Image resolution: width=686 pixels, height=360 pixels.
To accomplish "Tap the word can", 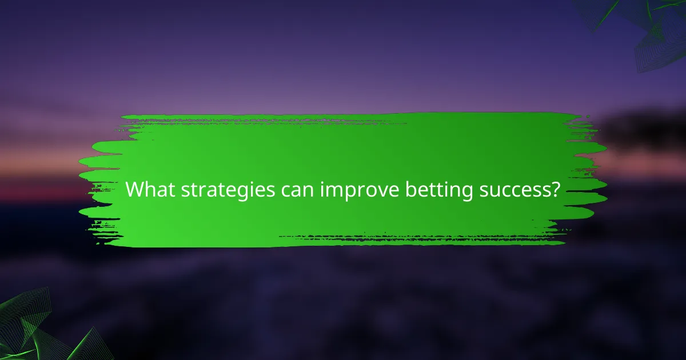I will click(x=293, y=190).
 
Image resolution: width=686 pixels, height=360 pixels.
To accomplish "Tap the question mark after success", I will click(x=554, y=189).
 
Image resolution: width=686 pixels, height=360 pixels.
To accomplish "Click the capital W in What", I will click(x=134, y=189).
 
